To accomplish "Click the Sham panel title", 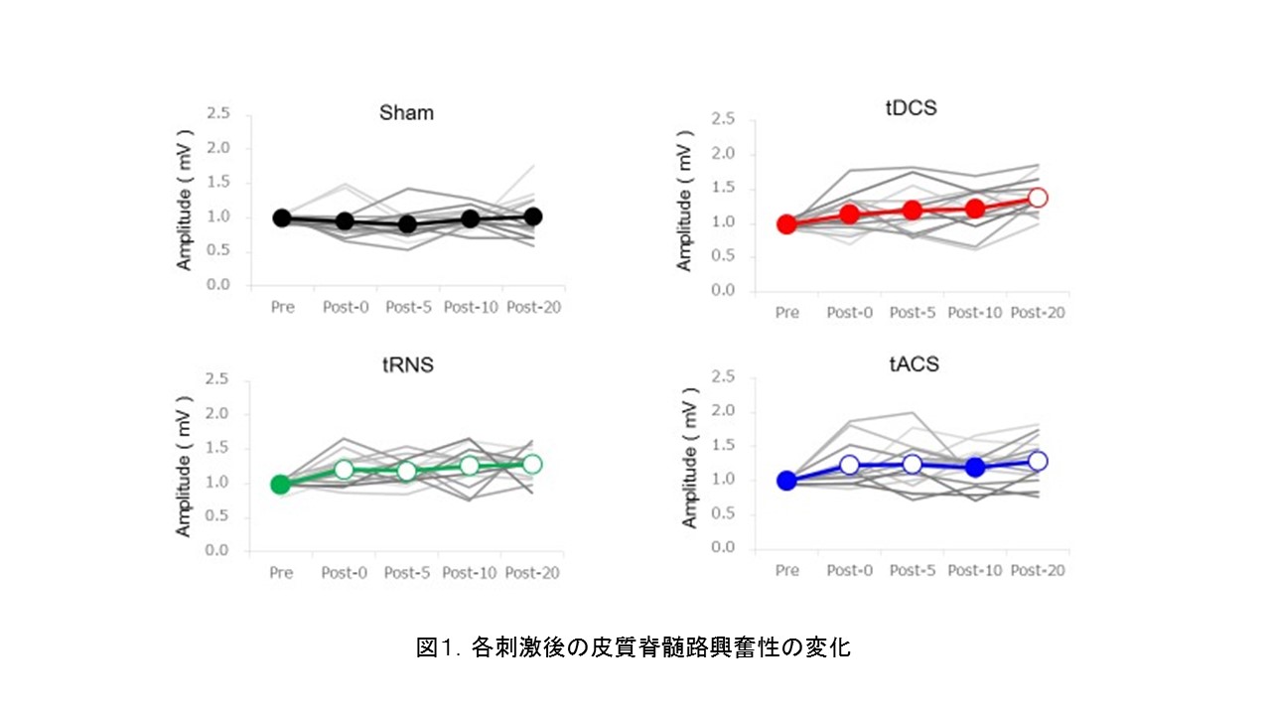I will pyautogui.click(x=406, y=112).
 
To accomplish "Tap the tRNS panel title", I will pyautogui.click(x=406, y=364).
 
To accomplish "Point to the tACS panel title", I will pyautogui.click(x=913, y=364).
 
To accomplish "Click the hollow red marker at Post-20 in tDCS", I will pyautogui.click(x=1038, y=198).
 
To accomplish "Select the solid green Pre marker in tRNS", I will pyautogui.click(x=281, y=485).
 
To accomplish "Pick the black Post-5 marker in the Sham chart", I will pyautogui.click(x=407, y=224).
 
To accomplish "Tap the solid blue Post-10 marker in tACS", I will pyautogui.click(x=975, y=467).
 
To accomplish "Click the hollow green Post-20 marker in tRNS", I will pyautogui.click(x=532, y=464).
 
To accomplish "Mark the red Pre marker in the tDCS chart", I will pyautogui.click(x=787, y=224).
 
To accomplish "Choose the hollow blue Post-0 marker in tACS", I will pyautogui.click(x=849, y=465).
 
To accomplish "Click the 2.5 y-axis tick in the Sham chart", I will pyautogui.click(x=217, y=114).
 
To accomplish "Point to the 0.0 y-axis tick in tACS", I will pyautogui.click(x=723, y=548).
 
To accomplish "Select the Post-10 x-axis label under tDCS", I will pyautogui.click(x=975, y=313).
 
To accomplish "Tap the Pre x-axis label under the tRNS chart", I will pyautogui.click(x=281, y=573).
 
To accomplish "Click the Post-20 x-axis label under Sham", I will pyautogui.click(x=533, y=307).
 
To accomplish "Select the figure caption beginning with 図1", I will pyautogui.click(x=634, y=647).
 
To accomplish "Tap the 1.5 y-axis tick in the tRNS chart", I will pyautogui.click(x=217, y=449).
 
